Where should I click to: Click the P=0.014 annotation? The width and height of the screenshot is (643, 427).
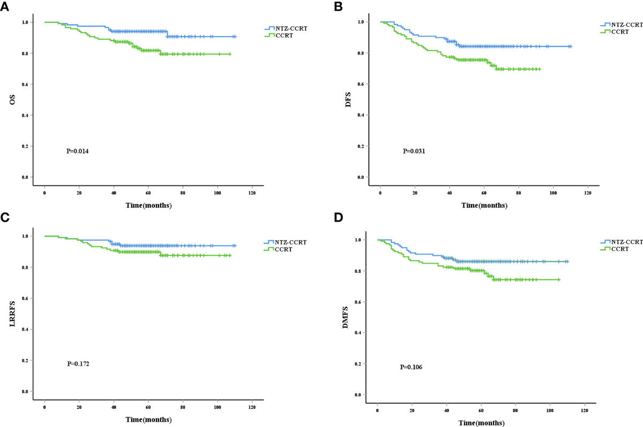coord(78,152)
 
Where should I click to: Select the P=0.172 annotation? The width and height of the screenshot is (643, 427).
coord(78,364)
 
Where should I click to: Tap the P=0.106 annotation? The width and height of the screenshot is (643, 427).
coord(411,367)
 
